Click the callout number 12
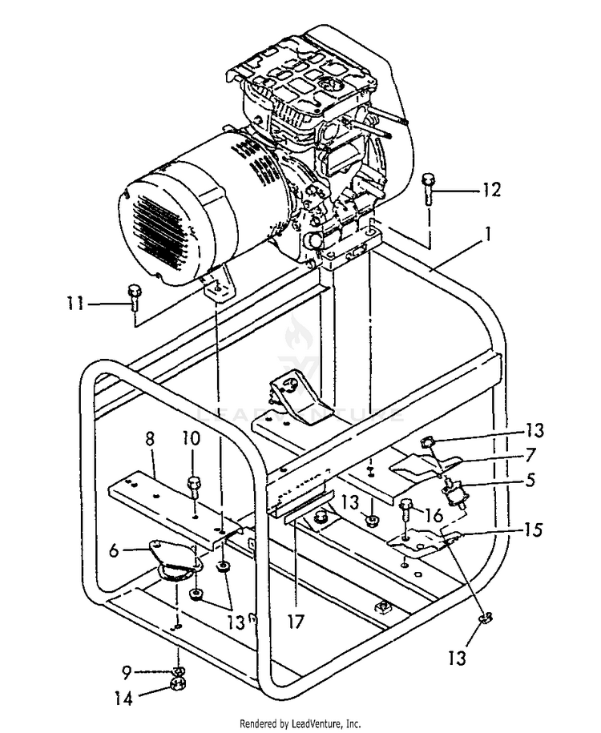pyautogui.click(x=490, y=190)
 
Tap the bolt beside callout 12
pyautogui.click(x=429, y=187)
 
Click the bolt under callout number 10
pyautogui.click(x=193, y=487)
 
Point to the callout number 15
pyautogui.click(x=533, y=530)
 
